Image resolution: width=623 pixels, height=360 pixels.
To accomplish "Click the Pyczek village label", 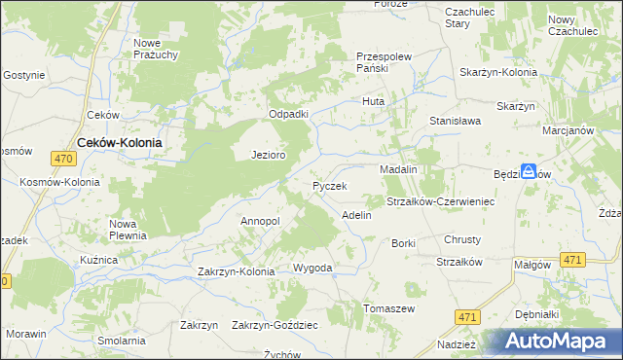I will pyautogui.click(x=330, y=185).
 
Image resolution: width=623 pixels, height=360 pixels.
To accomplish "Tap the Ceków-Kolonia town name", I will pyautogui.click(x=119, y=141).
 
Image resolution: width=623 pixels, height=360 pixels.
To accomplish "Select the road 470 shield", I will pyautogui.click(x=64, y=159).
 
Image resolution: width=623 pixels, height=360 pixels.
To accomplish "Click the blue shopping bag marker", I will pyautogui.click(x=528, y=170).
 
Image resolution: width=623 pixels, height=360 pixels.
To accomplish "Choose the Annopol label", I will pyautogui.click(x=260, y=221).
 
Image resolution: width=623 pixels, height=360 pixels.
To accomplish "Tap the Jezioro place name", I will pyautogui.click(x=268, y=155).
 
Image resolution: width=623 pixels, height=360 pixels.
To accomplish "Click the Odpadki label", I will pyautogui.click(x=288, y=114).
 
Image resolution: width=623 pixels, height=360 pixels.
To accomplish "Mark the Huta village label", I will pyautogui.click(x=374, y=101).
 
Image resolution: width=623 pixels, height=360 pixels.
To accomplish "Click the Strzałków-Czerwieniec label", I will pyautogui.click(x=442, y=201).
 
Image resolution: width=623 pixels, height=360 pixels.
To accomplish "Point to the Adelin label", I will pyautogui.click(x=356, y=214).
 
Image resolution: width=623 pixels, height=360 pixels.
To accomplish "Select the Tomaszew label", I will pyautogui.click(x=389, y=308).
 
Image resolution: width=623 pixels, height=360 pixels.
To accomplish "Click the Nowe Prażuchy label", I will pyautogui.click(x=156, y=49).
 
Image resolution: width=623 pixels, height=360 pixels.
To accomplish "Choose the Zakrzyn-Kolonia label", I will pyautogui.click(x=237, y=271).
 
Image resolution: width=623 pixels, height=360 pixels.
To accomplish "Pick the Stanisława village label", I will pyautogui.click(x=457, y=122).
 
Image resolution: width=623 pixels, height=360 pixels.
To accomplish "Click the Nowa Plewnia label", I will pyautogui.click(x=128, y=229).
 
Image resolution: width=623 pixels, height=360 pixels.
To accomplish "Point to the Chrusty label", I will pyautogui.click(x=462, y=239).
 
